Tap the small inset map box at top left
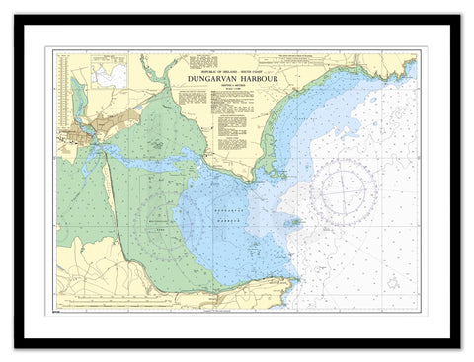[109, 71]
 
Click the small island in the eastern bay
[292, 222]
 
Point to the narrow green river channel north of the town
[76, 99]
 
